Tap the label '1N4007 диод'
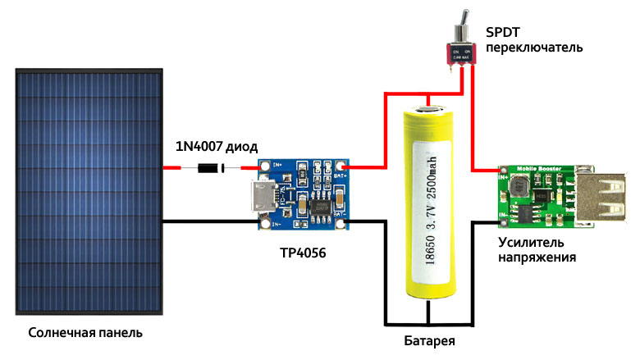[217, 148]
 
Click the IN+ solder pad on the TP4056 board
[264, 167]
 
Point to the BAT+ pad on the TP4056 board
[339, 168]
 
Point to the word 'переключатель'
[534, 48]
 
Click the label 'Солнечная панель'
[85, 334]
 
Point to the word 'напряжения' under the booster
[537, 257]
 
